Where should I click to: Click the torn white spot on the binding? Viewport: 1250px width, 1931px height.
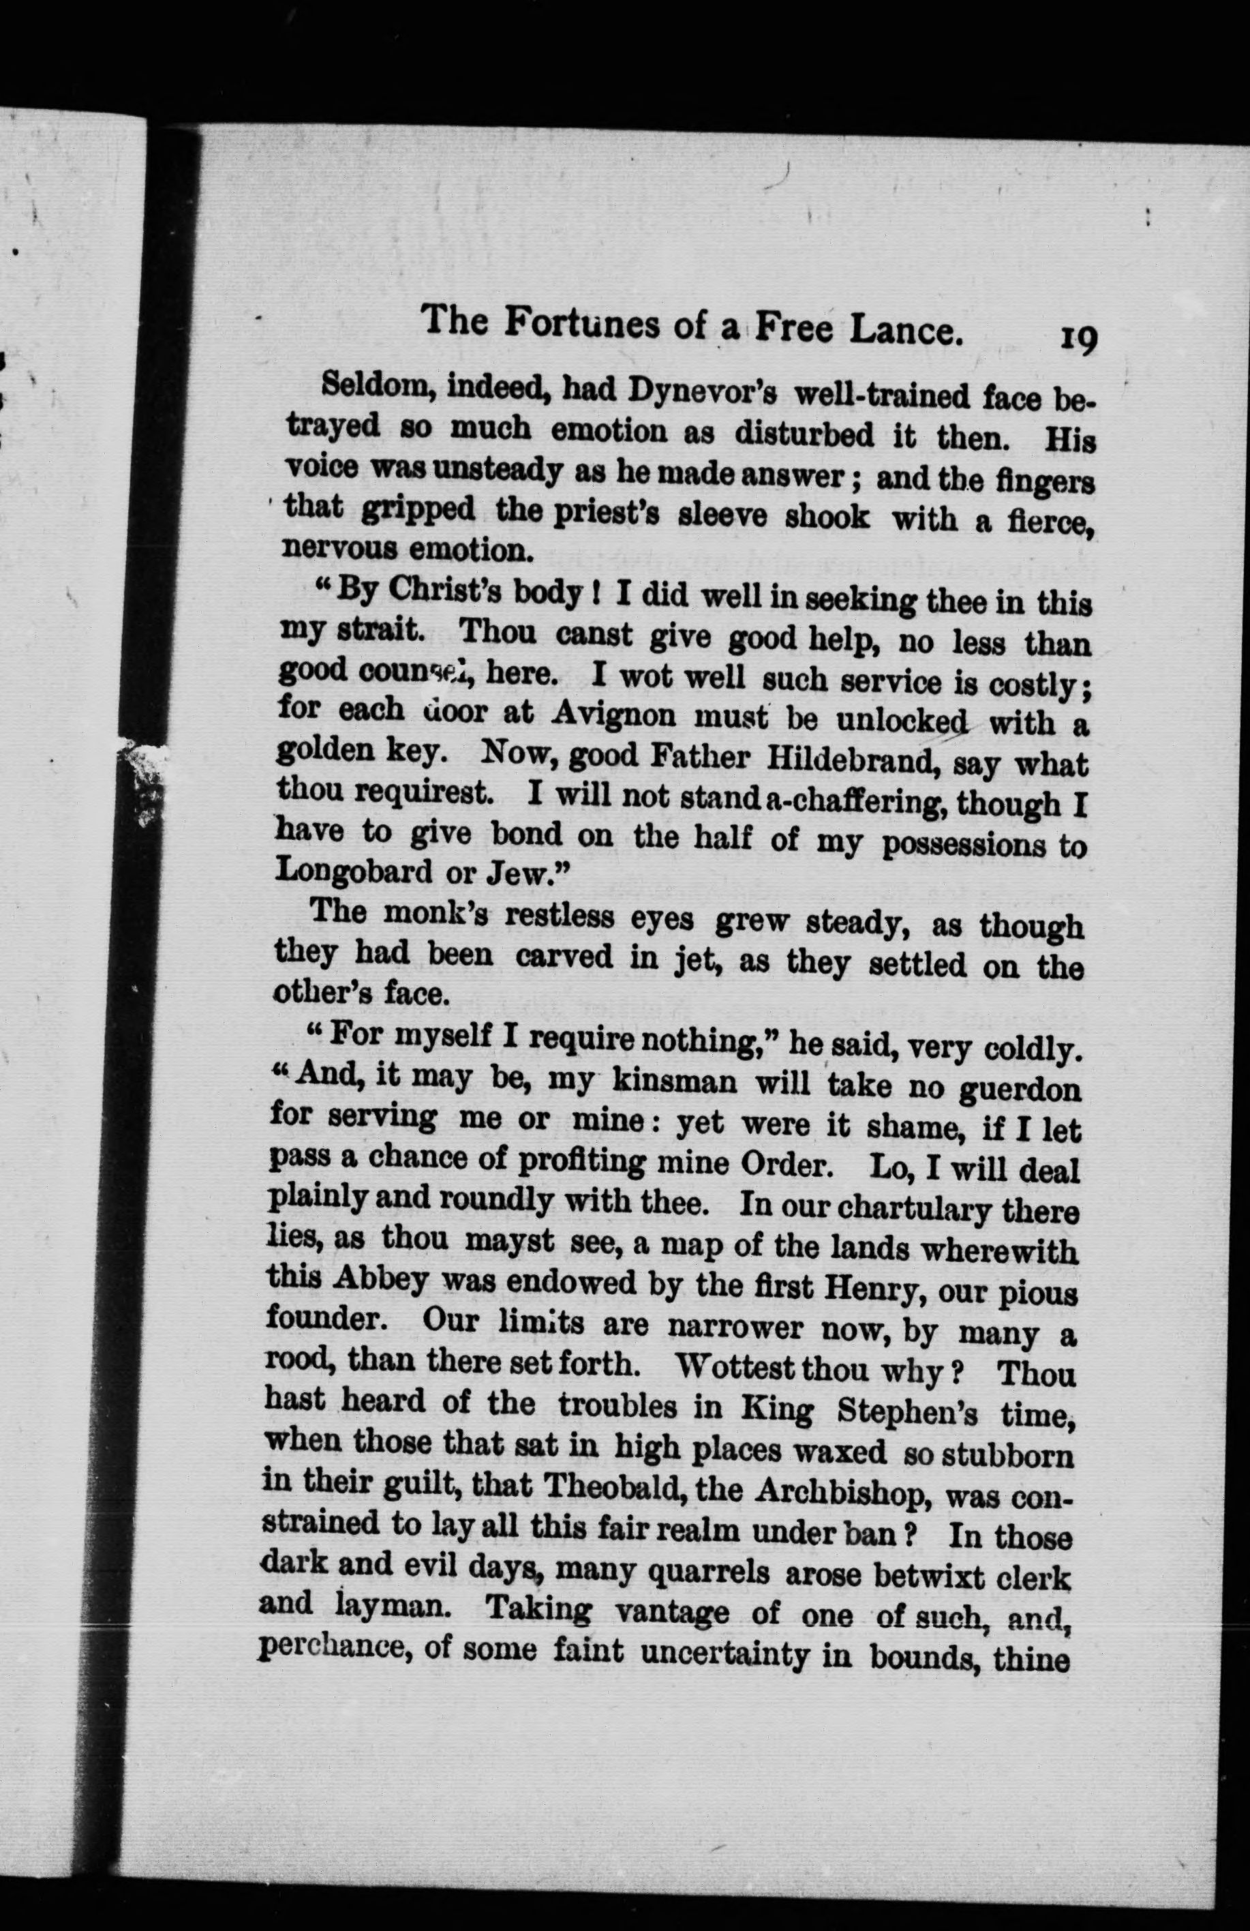[x=142, y=770]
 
